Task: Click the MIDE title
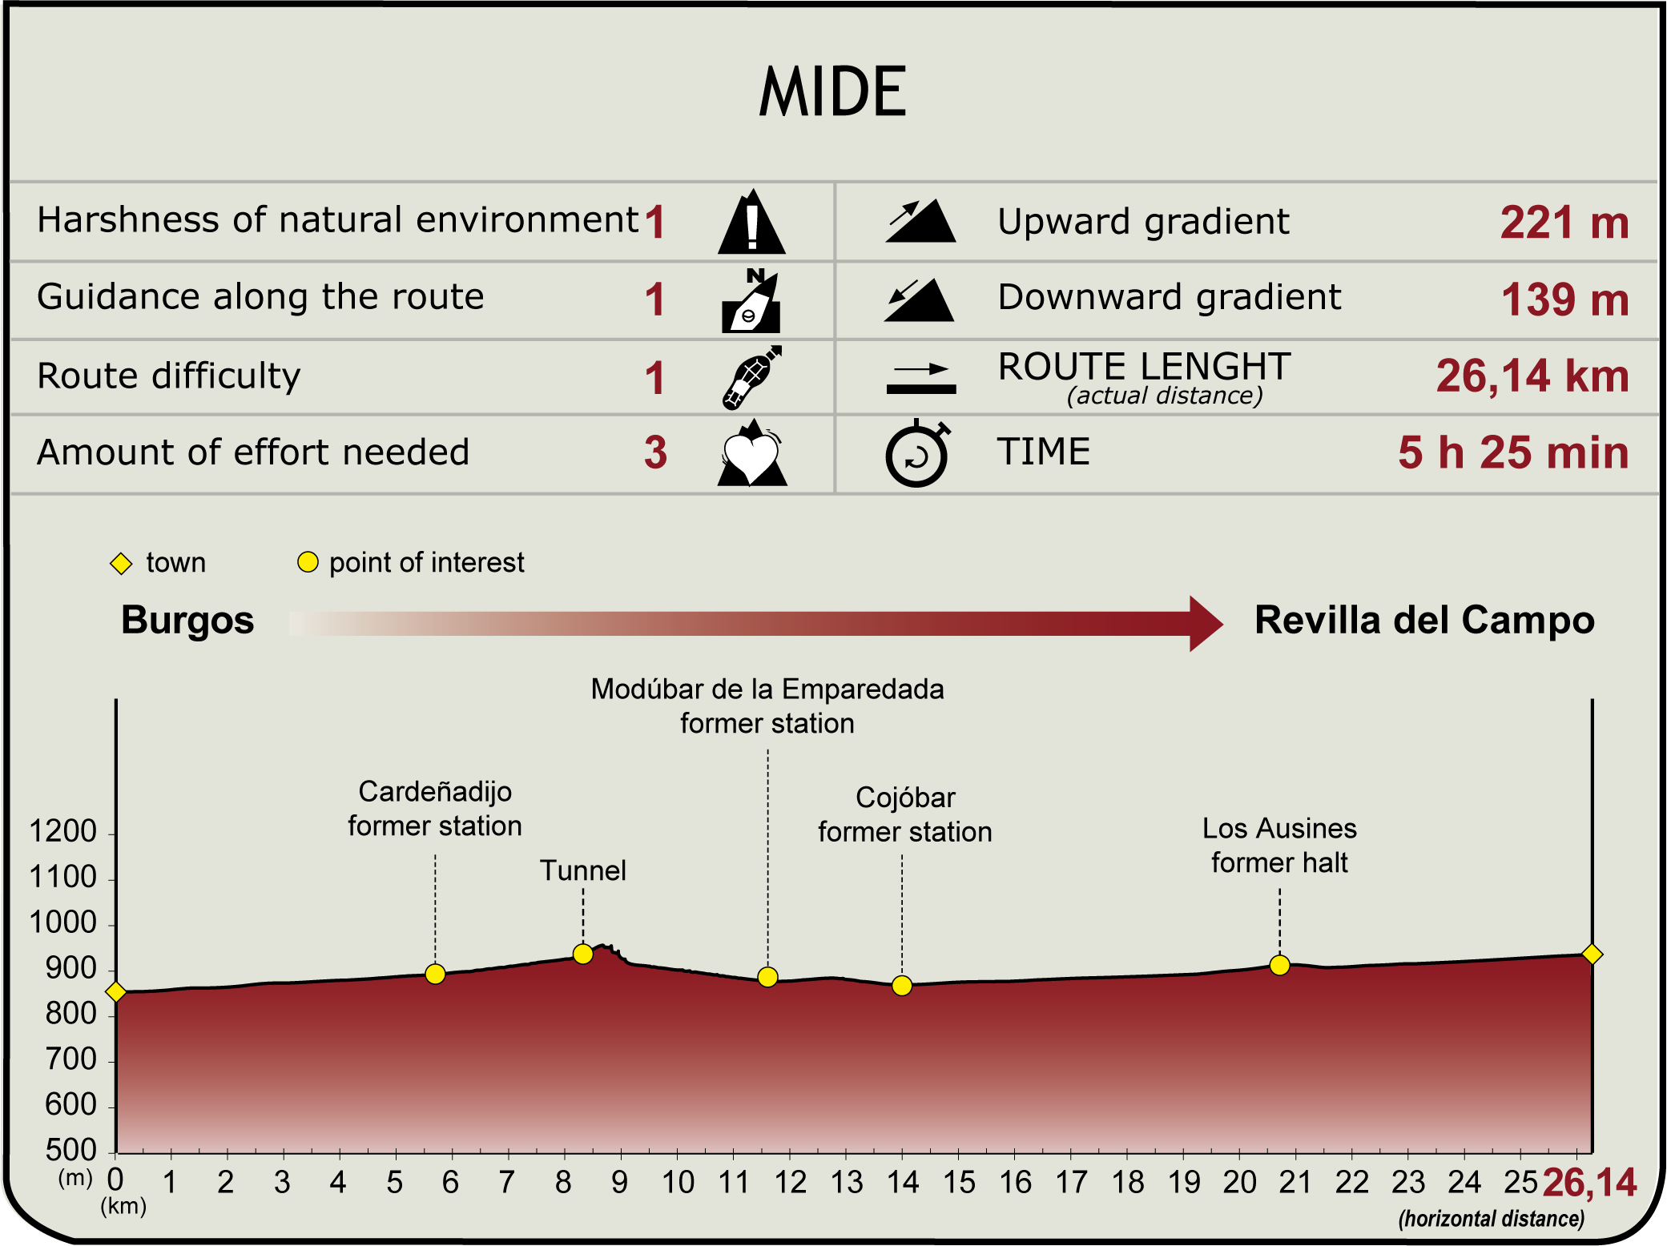point(832,92)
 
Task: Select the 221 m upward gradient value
point(1564,223)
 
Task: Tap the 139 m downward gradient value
point(1564,299)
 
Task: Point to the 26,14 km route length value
point(1532,376)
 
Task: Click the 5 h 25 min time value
point(1513,452)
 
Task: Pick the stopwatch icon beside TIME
point(917,453)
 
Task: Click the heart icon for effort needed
point(751,455)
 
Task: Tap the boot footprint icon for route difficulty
point(751,377)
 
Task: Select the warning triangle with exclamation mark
point(751,223)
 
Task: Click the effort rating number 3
point(655,452)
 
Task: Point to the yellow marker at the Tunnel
point(583,954)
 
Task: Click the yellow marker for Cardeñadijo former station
point(435,974)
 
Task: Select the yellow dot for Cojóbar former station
point(902,986)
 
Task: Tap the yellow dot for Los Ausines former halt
point(1280,965)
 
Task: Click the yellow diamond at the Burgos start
point(116,992)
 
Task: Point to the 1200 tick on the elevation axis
point(62,832)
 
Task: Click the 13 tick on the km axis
point(846,1183)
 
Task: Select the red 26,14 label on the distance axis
point(1589,1183)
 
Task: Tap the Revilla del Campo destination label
point(1424,620)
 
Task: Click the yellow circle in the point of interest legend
point(308,562)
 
